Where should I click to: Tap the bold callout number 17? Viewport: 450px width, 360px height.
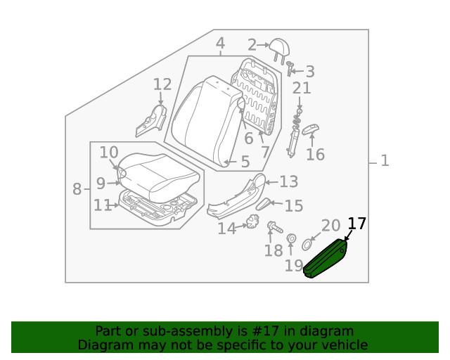coord(357,224)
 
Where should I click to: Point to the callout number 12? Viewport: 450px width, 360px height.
coord(162,85)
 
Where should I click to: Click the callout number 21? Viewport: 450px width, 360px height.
coord(301,89)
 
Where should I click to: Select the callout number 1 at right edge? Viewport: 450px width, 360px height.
coord(384,161)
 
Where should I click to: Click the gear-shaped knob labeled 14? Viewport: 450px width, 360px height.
coord(247,226)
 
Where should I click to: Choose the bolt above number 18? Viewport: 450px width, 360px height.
coord(272,227)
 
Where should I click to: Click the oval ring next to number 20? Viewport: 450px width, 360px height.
coord(308,245)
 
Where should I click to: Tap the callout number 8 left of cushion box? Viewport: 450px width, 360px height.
coord(77,188)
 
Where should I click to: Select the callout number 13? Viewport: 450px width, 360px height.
coord(288,182)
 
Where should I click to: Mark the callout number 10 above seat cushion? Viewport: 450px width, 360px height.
coord(108,153)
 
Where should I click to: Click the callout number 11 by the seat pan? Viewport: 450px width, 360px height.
coord(102,205)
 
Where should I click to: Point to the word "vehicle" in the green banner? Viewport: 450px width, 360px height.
coord(344,345)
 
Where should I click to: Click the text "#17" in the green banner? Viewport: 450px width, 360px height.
coord(274,330)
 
